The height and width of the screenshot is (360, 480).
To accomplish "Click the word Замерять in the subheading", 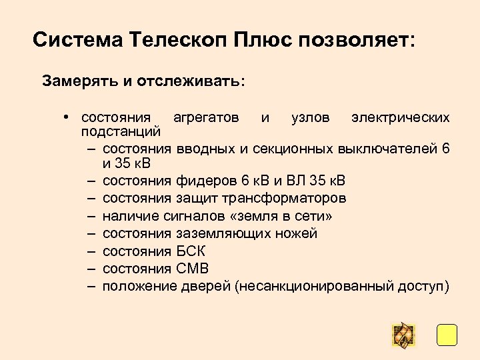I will pos(79,82).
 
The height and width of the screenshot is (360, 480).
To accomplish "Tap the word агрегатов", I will pos(206,118).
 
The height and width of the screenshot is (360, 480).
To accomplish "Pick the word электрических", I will pos(401,118).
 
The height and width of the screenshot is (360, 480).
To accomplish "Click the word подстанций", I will pos(121,132).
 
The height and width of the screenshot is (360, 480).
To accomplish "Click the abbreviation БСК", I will pos(191,251).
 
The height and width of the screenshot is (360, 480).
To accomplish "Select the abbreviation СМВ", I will pos(193,269).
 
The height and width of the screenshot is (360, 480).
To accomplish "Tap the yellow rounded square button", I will pos(447,335).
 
